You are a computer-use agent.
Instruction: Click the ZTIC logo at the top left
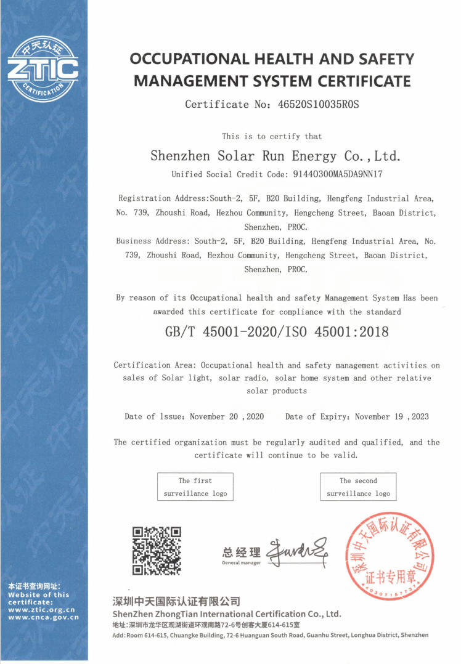43,69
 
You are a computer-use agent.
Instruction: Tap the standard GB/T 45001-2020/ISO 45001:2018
277,332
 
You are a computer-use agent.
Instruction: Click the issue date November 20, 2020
227,417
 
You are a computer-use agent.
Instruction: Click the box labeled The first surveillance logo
195,487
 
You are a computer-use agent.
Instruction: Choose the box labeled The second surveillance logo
358,487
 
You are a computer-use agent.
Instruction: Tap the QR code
157,551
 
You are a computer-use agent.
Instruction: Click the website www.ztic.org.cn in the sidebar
41,610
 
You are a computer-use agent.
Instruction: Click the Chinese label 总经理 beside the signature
241,552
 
